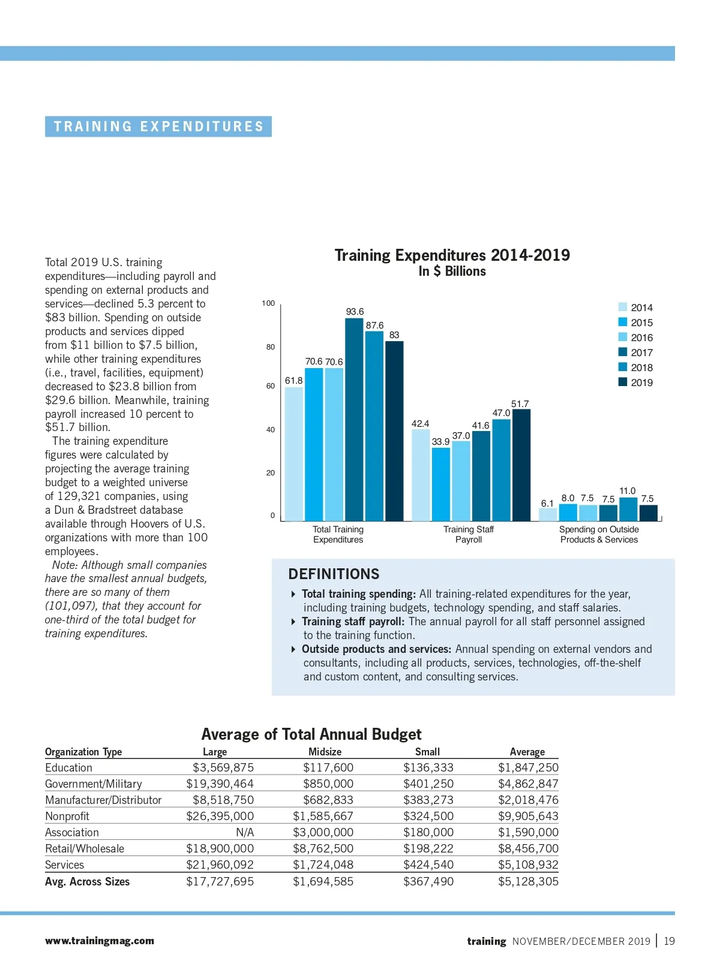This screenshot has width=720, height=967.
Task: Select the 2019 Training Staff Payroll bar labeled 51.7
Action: [x=521, y=465]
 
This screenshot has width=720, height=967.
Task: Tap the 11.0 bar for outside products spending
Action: [x=628, y=509]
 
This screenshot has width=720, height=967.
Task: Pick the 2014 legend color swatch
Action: [x=623, y=307]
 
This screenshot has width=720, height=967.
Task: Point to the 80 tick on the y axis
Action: [x=271, y=347]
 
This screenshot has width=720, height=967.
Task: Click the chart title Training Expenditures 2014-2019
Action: [x=452, y=255]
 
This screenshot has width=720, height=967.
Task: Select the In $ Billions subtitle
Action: [x=452, y=272]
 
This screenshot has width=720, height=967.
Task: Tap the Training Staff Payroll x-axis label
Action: [x=468, y=534]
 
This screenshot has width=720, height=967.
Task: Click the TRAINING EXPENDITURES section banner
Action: [x=158, y=126]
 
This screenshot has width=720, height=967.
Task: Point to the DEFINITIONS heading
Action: [x=334, y=574]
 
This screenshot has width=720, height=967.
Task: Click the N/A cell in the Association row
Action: [x=245, y=832]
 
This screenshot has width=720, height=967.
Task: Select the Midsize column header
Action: [x=325, y=752]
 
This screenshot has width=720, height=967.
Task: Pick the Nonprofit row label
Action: [x=67, y=816]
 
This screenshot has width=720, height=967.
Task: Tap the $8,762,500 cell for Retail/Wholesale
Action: [x=323, y=848]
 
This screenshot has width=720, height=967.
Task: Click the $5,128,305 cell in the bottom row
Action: [x=528, y=881]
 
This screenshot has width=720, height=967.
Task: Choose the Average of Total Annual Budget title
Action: [x=311, y=734]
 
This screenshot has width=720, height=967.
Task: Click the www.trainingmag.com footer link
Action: [x=100, y=941]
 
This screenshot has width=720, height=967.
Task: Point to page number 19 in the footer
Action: [x=669, y=941]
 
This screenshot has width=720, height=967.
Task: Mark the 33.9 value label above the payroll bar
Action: [x=440, y=442]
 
